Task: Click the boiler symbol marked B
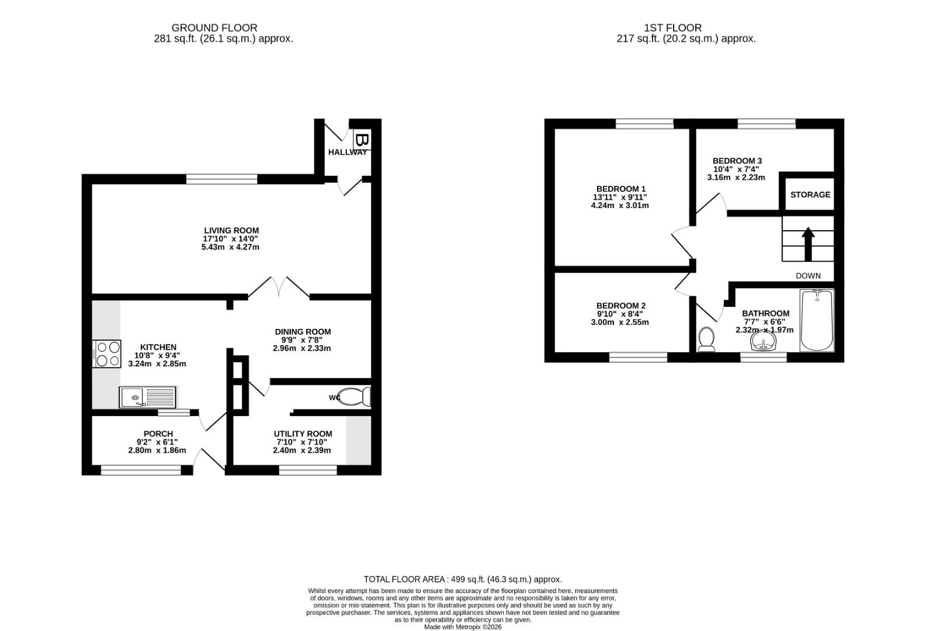coord(361,141)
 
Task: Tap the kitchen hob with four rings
coord(106,353)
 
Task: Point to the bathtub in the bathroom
coord(816,320)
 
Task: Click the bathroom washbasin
coord(764,342)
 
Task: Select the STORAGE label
coord(810,195)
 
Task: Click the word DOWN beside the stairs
coord(808,275)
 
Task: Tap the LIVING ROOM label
coord(231,230)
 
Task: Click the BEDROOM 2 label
coord(620,306)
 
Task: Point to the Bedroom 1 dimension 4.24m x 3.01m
coord(620,206)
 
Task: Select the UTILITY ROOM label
coord(303,434)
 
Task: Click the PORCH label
coord(158,434)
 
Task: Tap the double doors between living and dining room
coord(279,288)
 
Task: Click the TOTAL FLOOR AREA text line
coord(462,579)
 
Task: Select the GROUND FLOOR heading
coord(214,27)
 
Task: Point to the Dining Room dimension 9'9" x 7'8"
coord(302,339)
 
